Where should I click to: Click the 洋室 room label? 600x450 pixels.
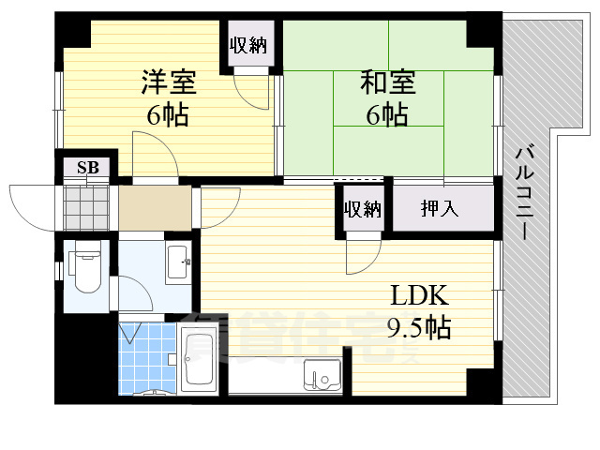(169, 82)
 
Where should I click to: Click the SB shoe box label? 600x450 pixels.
(88, 169)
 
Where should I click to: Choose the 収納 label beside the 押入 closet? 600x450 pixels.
(362, 208)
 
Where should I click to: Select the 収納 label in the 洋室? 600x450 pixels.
(248, 44)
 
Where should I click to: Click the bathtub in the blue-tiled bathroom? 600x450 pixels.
(201, 361)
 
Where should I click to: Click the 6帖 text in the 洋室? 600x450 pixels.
(169, 116)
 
